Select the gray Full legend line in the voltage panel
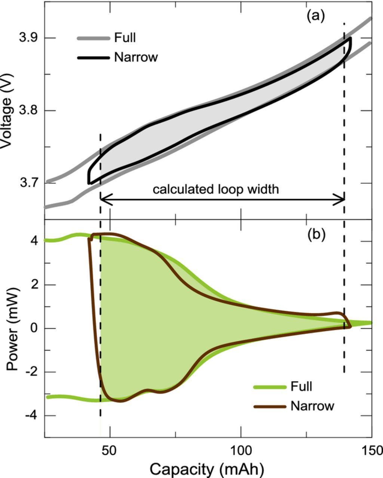point(94,38)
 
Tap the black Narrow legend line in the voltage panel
point(94,58)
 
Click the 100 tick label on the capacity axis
point(240,450)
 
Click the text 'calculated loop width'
point(216,189)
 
